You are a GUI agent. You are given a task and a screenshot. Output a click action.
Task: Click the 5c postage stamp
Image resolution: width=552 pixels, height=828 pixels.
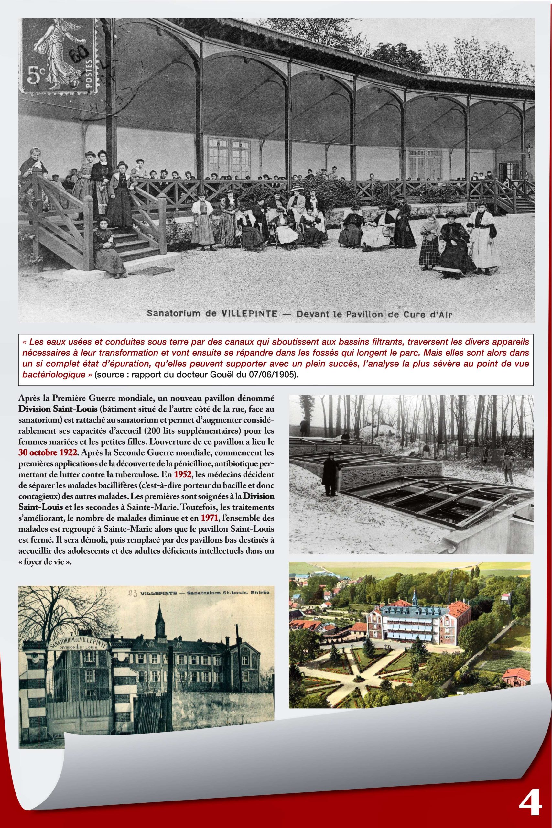click(59, 56)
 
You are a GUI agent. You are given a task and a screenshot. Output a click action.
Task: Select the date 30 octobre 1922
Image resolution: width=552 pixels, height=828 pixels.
click(47, 452)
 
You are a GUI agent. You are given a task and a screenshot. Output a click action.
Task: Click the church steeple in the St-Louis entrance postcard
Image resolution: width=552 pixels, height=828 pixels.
click(160, 624)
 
